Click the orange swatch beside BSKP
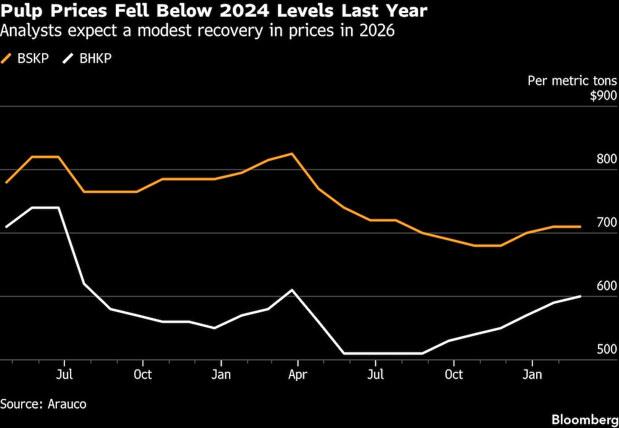click(x=7, y=59)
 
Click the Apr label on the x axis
click(x=298, y=375)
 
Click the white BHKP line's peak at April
click(x=292, y=289)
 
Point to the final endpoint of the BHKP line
click(x=580, y=296)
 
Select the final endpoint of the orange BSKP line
click(x=580, y=227)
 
